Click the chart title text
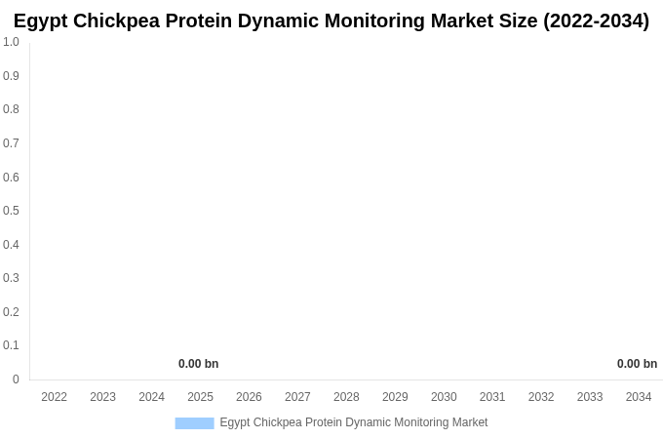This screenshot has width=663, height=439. tap(331, 20)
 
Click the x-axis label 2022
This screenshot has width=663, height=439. tap(54, 397)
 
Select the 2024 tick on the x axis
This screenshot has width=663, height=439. tap(151, 397)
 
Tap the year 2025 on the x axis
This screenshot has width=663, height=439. tap(200, 397)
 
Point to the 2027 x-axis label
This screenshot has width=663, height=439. tap(297, 397)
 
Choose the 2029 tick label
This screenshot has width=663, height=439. tap(395, 397)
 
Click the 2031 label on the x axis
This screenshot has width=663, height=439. tap(492, 397)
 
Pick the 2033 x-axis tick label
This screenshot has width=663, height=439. tap(590, 397)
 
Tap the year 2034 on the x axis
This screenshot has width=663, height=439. tap(639, 397)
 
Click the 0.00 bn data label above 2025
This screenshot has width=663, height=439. tap(198, 364)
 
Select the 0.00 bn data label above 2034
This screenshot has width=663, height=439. tap(637, 364)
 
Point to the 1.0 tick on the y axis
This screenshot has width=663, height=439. tap(11, 42)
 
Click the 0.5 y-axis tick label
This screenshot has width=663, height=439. tap(11, 211)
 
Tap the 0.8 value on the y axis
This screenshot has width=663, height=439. tap(11, 109)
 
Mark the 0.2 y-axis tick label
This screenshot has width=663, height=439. tap(11, 312)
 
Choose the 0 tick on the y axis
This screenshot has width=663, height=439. tap(16, 379)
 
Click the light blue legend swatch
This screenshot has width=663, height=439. tap(194, 423)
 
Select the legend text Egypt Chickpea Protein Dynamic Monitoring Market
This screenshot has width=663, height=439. tap(353, 422)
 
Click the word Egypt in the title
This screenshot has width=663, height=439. tap(42, 21)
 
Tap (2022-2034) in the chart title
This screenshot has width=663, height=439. tap(596, 20)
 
